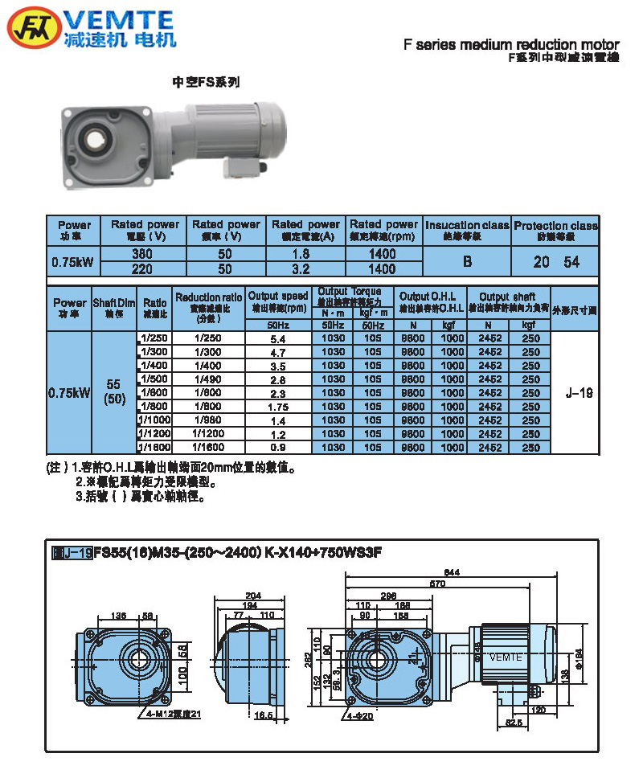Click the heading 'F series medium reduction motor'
point(511,45)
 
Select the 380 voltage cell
point(142,254)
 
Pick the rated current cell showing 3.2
point(305,268)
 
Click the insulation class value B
point(466,261)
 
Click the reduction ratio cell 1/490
point(208,379)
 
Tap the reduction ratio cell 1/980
point(208,420)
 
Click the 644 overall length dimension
point(452,572)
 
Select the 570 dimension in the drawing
point(436,584)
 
